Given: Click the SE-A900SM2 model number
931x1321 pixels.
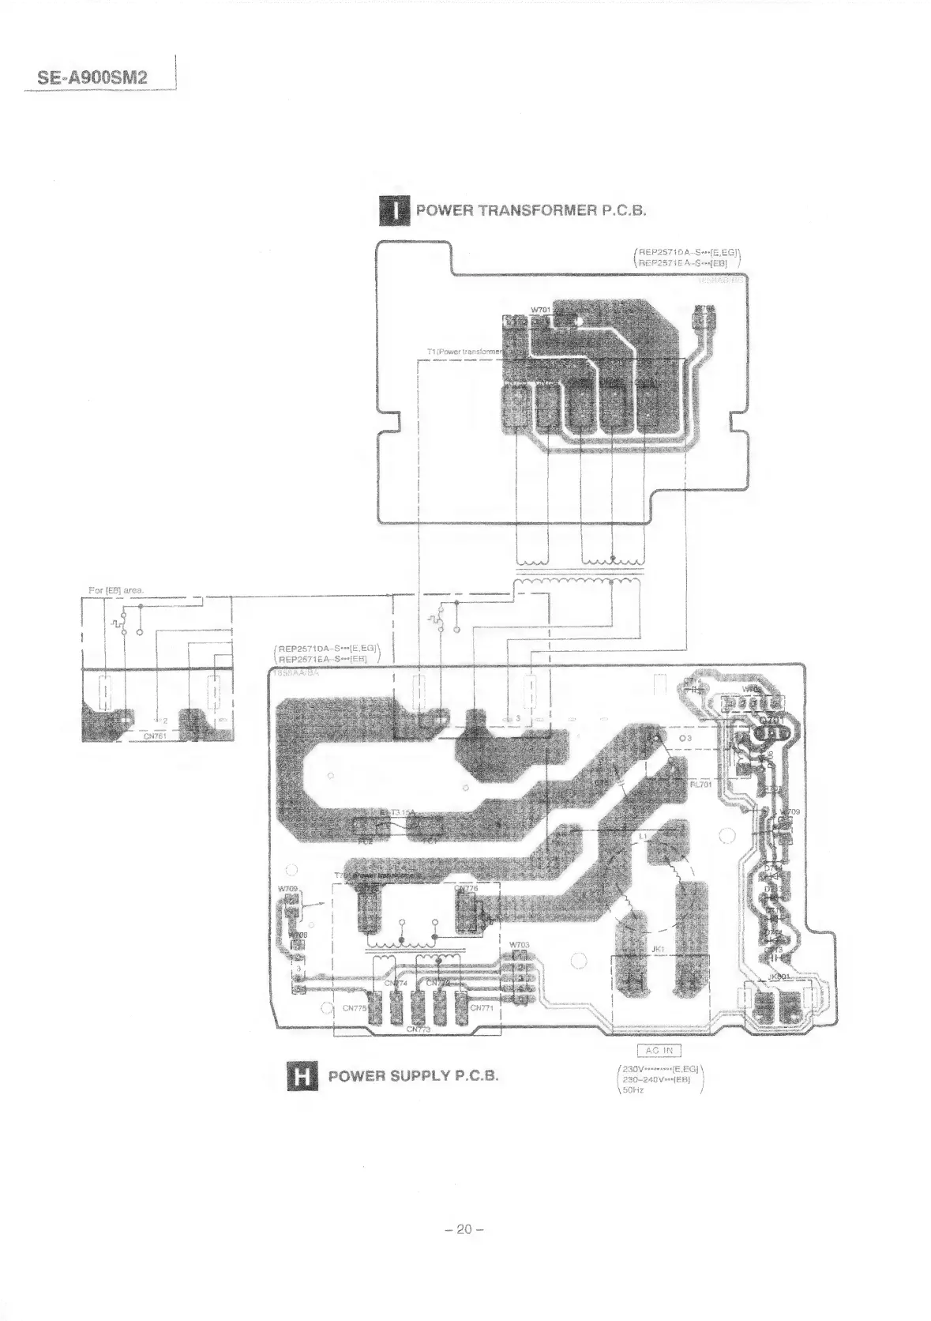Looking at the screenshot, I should pos(92,78).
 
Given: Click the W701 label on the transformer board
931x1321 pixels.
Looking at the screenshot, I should pos(540,309).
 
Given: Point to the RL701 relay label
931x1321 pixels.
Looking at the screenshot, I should pos(701,785).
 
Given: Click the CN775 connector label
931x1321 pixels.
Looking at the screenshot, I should pos(355,1009).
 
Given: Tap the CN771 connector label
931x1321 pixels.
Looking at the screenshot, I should pos(482,1008).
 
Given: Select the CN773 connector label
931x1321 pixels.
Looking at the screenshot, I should pos(419,1030).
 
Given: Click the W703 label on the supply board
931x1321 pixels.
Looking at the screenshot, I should pos(519,945).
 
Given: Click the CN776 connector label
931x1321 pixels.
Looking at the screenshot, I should pos(467,889).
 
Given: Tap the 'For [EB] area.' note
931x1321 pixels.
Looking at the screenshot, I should pos(115,590).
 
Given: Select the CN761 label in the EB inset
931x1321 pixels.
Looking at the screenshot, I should pos(155,736).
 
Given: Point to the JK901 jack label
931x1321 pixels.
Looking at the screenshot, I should pos(779,977).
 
